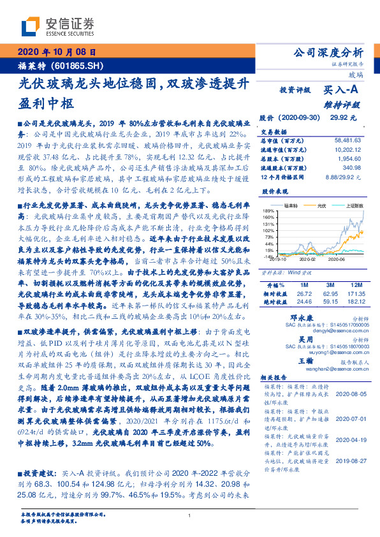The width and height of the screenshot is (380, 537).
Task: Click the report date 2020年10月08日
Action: coord(56,53)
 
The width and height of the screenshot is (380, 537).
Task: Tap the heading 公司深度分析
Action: coord(328,53)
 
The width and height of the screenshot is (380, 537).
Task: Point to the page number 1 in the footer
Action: coord(189,515)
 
